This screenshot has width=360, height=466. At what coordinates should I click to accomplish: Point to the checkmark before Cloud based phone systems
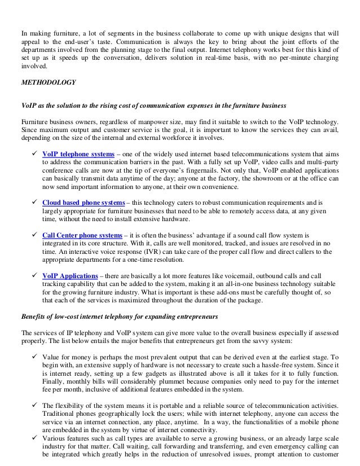click(x=36, y=201)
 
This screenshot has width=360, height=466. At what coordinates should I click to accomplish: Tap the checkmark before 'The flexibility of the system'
click(x=36, y=406)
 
